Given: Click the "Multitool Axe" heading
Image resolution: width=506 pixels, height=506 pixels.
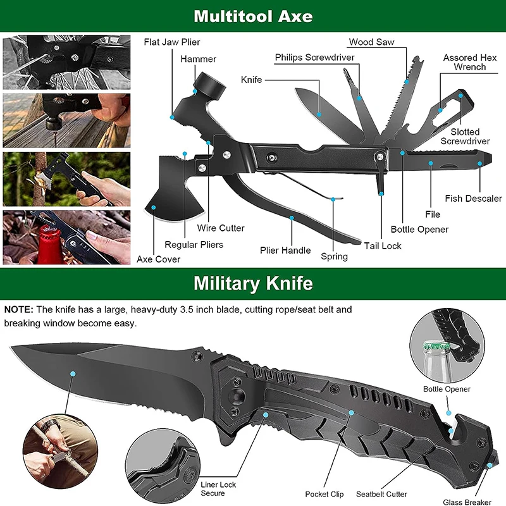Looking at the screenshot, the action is pos(253,16).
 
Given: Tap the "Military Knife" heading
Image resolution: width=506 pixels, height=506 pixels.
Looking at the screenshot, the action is pos(253,283).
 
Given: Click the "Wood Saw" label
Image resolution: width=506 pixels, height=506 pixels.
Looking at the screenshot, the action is pos(372,42).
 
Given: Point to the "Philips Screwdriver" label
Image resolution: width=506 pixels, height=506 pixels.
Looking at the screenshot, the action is pos(314,58).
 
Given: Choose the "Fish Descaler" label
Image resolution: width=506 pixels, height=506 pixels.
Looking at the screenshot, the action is pos(473,199).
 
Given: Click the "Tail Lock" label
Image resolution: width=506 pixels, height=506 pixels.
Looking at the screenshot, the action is pos(383,246).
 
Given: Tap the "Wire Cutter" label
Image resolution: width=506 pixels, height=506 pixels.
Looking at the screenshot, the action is pos(221,228).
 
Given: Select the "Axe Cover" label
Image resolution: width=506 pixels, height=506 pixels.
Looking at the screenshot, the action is pos(159,259).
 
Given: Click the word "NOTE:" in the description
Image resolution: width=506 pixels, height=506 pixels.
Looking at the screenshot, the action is pos(19,310).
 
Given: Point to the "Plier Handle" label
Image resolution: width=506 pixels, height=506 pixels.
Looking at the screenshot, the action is pos(285,250).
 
